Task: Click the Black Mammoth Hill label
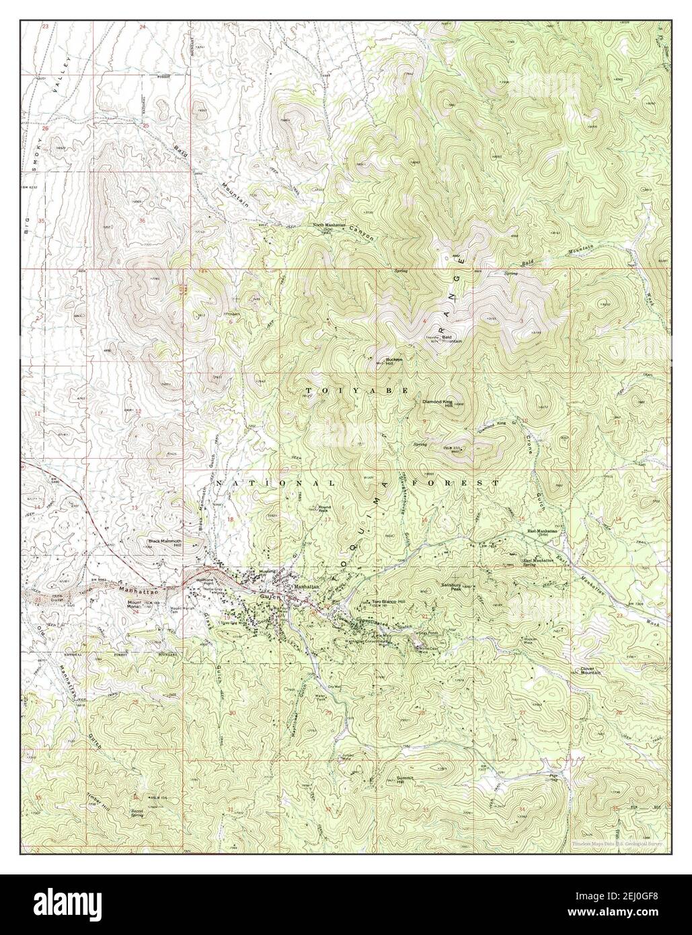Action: [x=160, y=541]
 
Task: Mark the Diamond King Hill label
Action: [x=438, y=404]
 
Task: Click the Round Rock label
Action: [x=325, y=508]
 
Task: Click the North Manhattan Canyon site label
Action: [x=328, y=226]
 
